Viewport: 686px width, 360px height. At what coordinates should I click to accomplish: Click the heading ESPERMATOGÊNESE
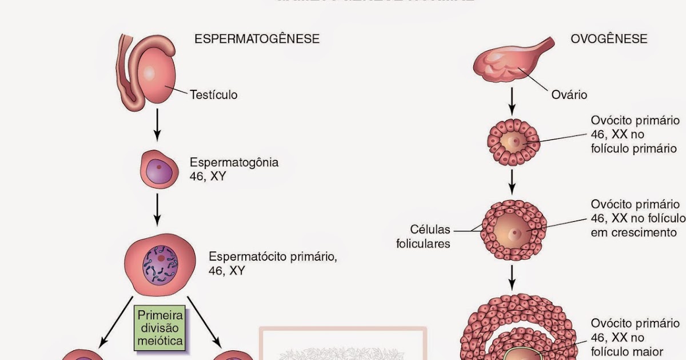tap(257, 39)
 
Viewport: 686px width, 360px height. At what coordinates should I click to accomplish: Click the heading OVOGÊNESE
tap(609, 39)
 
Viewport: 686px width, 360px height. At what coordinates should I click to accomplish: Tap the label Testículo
tap(213, 94)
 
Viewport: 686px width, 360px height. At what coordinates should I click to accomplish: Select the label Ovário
tap(569, 94)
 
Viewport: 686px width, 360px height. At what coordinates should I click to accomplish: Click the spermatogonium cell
tap(156, 170)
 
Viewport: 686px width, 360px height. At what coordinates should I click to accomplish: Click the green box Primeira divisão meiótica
tap(160, 328)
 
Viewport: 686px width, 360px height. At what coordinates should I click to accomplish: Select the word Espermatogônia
tap(234, 162)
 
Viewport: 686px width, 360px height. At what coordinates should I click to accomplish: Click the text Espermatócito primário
tap(273, 256)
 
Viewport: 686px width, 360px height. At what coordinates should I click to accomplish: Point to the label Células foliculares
tap(423, 237)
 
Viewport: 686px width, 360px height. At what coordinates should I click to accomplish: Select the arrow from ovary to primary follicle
tap(513, 101)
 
